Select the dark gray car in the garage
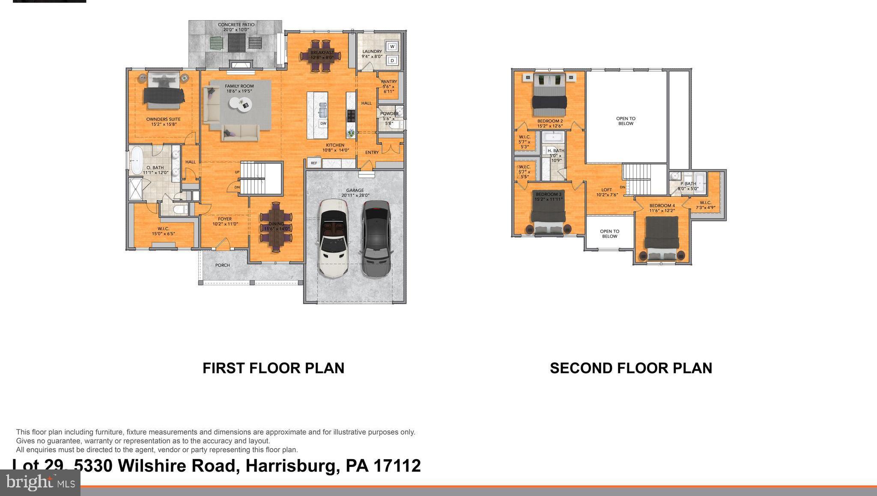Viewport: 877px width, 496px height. pos(376,239)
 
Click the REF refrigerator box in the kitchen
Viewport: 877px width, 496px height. pos(314,163)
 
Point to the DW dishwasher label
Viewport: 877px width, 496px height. pos(323,123)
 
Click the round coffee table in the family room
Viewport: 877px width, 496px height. pos(239,104)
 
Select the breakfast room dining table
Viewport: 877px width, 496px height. pos(321,56)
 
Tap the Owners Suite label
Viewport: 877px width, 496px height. pos(163,122)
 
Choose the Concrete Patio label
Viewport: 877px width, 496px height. pos(236,27)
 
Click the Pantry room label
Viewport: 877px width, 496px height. pos(389,81)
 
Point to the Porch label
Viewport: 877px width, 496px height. pos(222,265)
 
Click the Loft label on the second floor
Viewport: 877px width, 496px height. pos(607,190)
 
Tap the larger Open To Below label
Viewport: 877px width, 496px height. pos(626,121)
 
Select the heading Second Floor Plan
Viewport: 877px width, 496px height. pos(631,368)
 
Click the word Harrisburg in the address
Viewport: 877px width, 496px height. pos(289,466)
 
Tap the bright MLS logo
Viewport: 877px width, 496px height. pos(40,483)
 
